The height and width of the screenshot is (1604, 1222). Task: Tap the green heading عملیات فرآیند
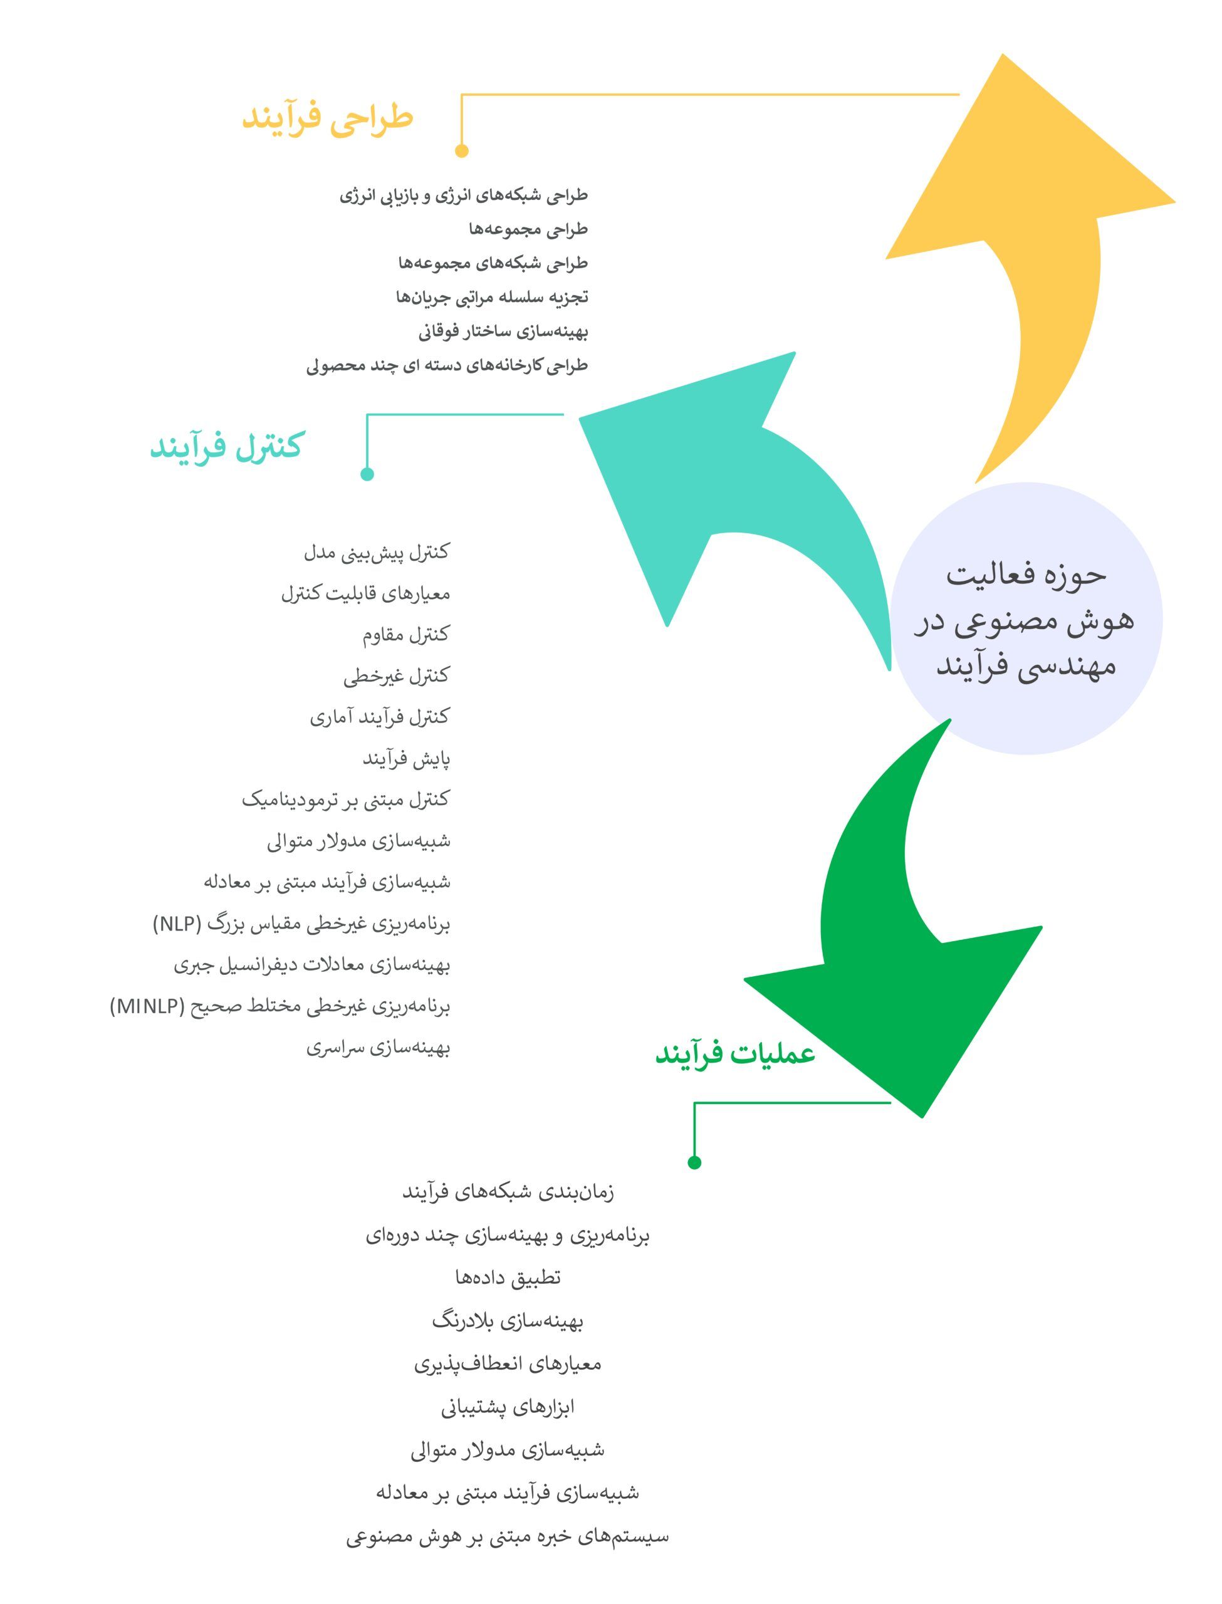click(x=735, y=1052)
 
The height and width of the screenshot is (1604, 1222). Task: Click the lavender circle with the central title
click(x=1026, y=618)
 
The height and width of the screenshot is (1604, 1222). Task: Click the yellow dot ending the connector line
click(x=462, y=150)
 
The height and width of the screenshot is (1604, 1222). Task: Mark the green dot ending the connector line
click(x=694, y=1162)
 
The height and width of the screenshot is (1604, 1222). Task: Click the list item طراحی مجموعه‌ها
click(x=528, y=229)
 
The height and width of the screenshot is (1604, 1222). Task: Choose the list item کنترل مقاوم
click(x=407, y=635)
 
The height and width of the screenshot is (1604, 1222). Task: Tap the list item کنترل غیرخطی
click(x=397, y=676)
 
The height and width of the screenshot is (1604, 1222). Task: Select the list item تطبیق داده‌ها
click(x=508, y=1277)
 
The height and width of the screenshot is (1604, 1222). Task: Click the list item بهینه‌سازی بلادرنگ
click(x=508, y=1320)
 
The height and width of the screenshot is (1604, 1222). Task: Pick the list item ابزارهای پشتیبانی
click(x=508, y=1407)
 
